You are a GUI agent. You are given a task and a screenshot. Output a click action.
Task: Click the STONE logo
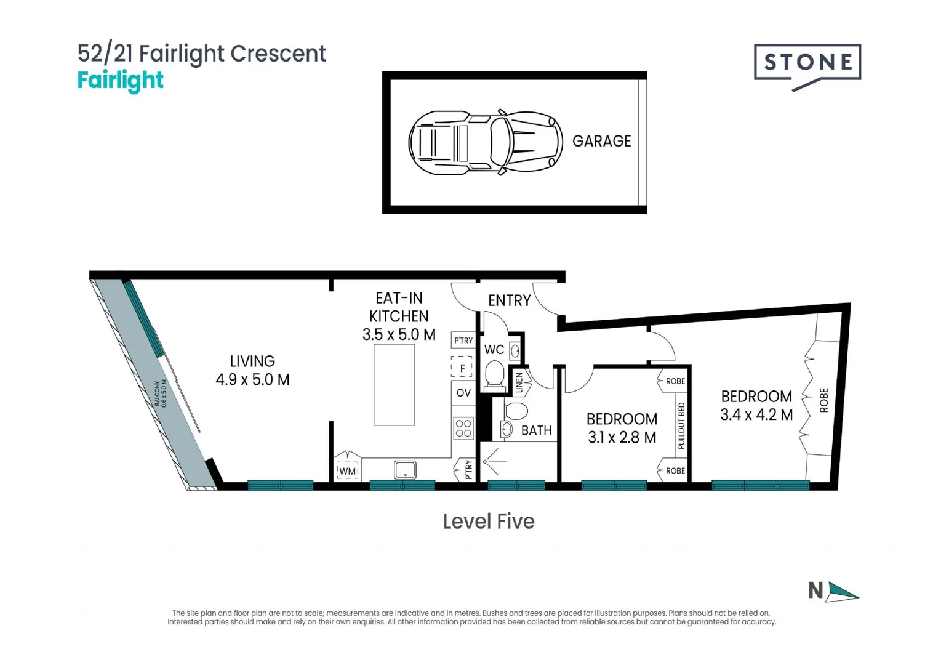tap(807, 63)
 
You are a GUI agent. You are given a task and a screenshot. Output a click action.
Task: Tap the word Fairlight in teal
tap(121, 81)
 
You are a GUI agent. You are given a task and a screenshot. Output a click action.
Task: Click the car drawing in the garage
tap(485, 142)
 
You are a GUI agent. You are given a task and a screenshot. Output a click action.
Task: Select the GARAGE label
tap(601, 141)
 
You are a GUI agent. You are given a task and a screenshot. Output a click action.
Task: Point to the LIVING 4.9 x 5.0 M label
tap(252, 370)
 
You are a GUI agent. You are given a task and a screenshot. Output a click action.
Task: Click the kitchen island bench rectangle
tap(394, 384)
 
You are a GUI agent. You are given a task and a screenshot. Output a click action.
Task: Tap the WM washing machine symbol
tap(348, 471)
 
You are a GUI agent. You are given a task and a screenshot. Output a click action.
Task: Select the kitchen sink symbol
tap(405, 470)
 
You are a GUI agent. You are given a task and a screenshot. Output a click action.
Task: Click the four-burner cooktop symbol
tap(463, 428)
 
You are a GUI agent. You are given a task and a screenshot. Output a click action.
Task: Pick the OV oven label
tap(463, 393)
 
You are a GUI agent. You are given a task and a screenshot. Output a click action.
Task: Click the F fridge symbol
tap(462, 367)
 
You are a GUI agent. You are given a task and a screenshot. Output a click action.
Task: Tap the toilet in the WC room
tap(495, 375)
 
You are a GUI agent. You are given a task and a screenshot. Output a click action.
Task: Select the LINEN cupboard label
tap(519, 382)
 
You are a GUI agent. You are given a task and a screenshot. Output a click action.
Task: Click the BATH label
tap(536, 430)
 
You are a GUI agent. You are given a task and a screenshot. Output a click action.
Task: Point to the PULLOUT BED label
tap(681, 425)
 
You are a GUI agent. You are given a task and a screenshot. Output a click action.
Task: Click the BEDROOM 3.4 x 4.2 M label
tap(756, 405)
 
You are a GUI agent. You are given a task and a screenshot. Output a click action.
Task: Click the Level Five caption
tap(489, 522)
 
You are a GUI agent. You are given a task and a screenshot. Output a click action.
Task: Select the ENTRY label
tap(509, 300)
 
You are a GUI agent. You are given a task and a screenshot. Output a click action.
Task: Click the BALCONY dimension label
tap(161, 393)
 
